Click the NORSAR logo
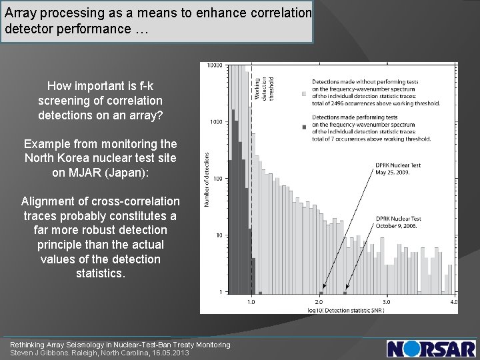pos(431,348)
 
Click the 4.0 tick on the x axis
pos(454,302)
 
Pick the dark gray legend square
pos(304,126)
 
